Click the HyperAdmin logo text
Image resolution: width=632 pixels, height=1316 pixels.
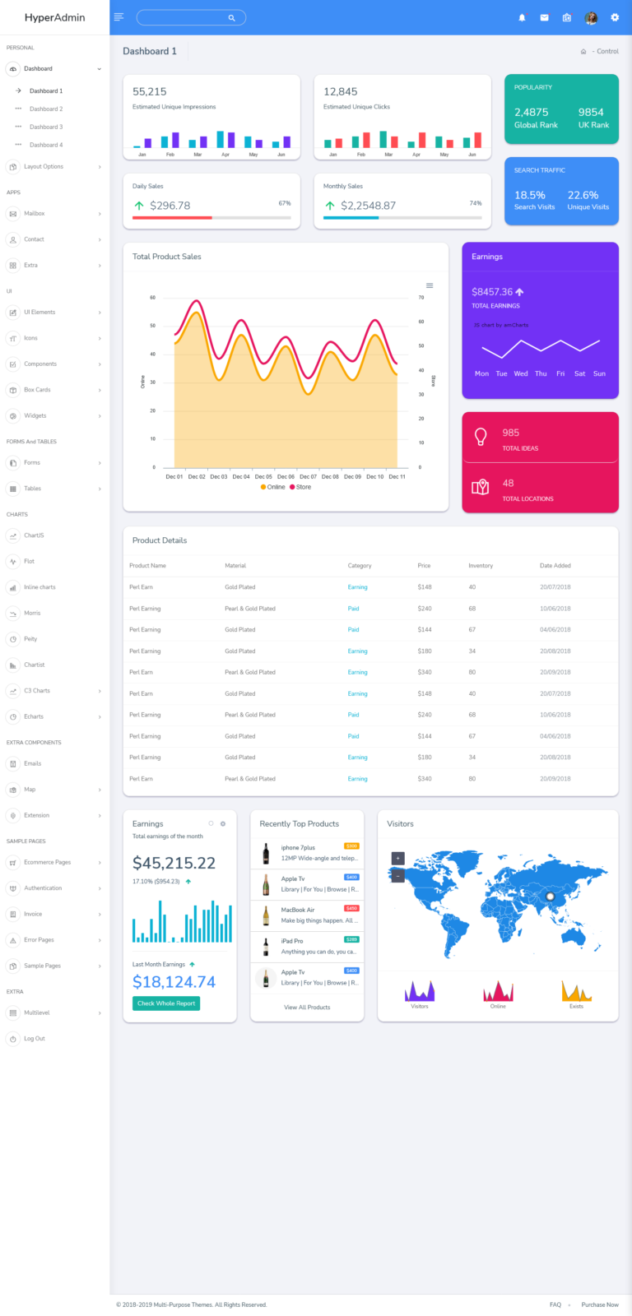[54, 17]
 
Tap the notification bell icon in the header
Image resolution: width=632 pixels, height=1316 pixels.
[522, 17]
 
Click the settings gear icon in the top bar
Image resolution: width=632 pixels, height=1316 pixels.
[614, 17]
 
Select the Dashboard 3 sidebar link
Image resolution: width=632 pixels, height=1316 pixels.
[46, 127]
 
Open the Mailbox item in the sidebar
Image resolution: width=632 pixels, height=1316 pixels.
[35, 214]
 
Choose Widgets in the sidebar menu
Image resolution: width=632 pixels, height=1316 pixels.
[35, 416]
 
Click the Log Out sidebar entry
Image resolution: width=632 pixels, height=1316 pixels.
[35, 1039]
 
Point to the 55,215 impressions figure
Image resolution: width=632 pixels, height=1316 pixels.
[150, 92]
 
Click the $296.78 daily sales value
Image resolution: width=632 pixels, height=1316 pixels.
[170, 206]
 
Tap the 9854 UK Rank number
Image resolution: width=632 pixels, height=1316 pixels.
[591, 113]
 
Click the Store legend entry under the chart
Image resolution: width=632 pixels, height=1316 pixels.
[300, 487]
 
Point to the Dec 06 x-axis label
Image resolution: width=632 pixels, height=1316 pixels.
[286, 477]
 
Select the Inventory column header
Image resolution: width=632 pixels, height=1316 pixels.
[481, 566]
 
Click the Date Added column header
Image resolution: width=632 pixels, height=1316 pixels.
[555, 566]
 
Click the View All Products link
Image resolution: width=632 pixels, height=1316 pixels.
[307, 1008]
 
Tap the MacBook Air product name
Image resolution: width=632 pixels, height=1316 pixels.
[298, 910]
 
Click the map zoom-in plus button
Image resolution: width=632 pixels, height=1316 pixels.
[398, 858]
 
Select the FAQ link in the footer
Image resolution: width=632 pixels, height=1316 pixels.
[555, 1304]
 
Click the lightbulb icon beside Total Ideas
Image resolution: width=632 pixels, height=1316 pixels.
[481, 438]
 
